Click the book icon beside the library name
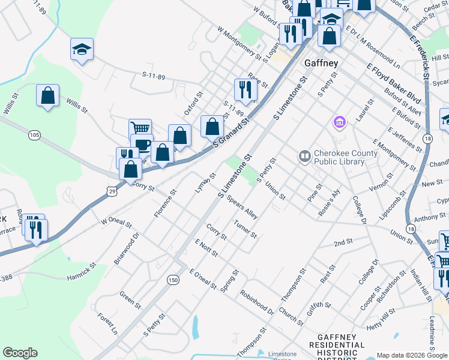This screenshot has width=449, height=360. [304, 157]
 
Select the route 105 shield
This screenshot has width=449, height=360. [34, 135]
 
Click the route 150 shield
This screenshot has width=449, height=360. [173, 280]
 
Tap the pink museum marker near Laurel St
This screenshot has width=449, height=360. [339, 122]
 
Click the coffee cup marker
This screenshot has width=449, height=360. [142, 145]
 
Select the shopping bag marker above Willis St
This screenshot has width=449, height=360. [47, 95]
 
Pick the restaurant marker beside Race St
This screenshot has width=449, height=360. [245, 90]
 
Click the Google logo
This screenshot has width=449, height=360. [20, 353]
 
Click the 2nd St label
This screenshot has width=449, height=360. [343, 242]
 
